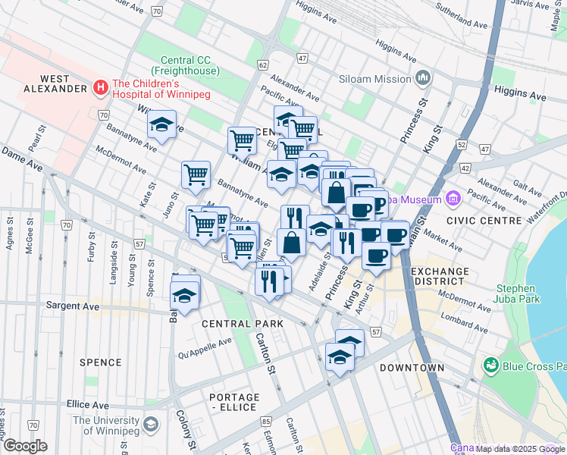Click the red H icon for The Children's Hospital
coord(100,89)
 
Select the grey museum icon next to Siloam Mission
coord(423,78)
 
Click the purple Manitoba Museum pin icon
coord(454,199)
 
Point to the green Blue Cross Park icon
coord(491,366)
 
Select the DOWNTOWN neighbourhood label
coord(412,368)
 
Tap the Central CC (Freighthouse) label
coord(190,66)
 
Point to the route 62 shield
coord(263,65)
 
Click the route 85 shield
coord(265,421)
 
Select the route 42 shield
coord(465,168)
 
